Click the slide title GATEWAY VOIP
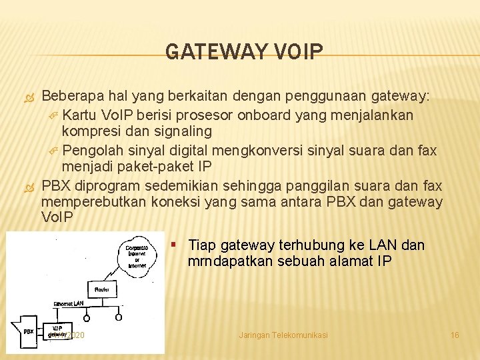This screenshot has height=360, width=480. click(x=244, y=51)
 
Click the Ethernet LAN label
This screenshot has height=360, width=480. click(x=69, y=304)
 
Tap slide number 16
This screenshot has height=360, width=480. click(x=455, y=335)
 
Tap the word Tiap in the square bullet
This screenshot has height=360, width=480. click(x=200, y=245)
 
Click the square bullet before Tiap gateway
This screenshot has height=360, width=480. click(x=174, y=243)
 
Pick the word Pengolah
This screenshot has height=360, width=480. click(x=92, y=149)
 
